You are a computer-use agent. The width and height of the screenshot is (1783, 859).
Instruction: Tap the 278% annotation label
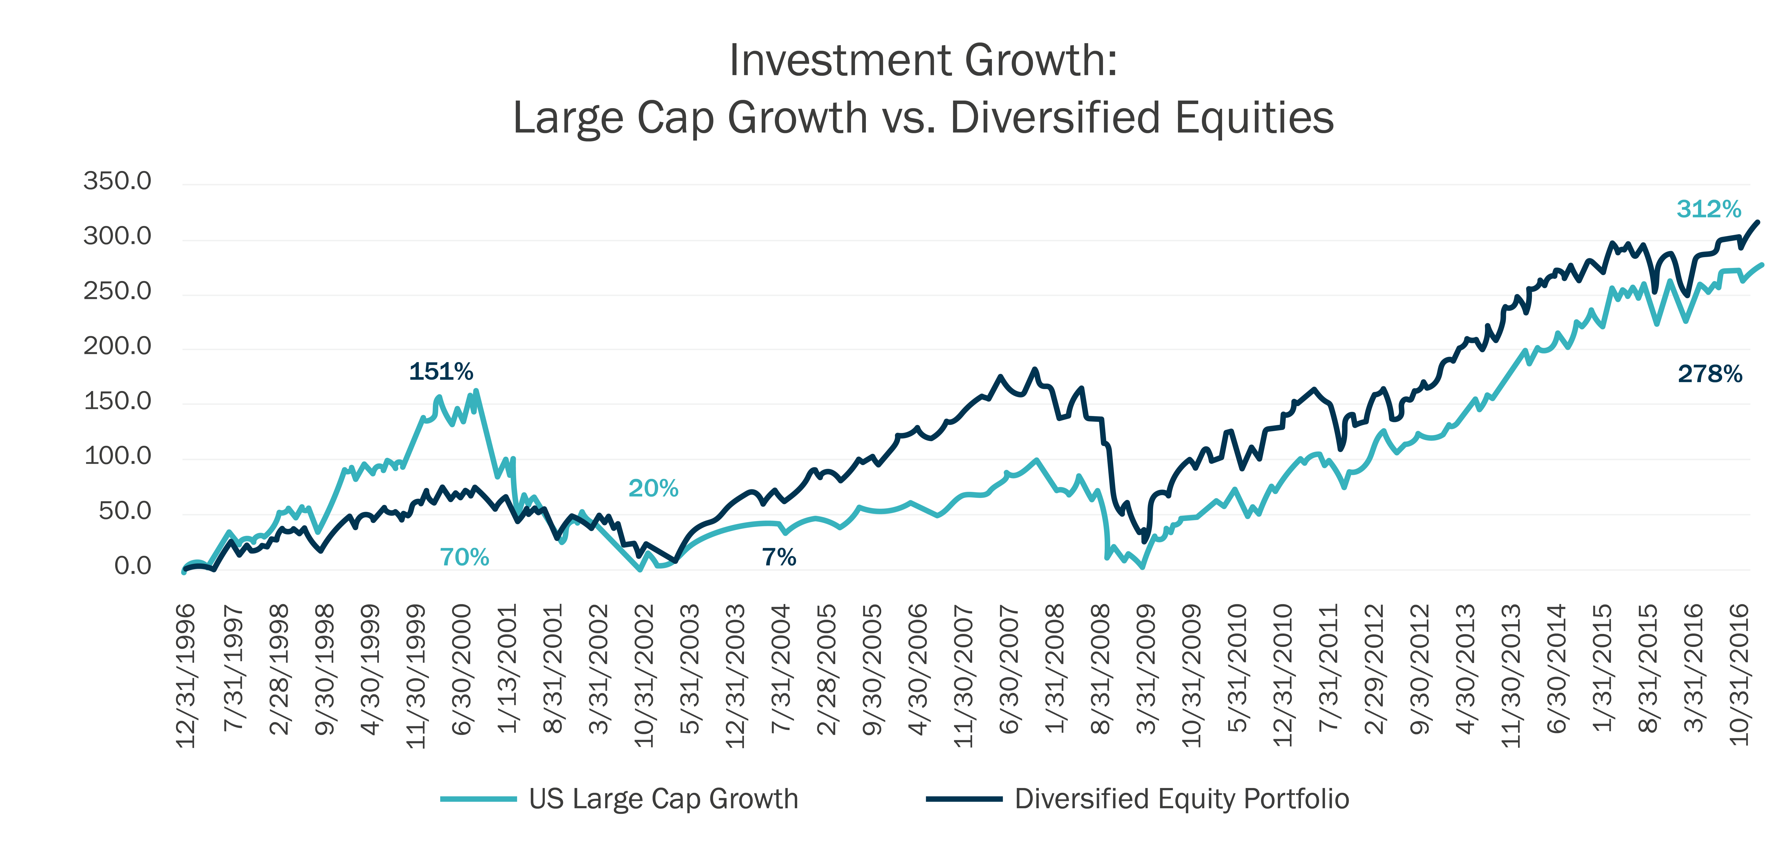click(x=1710, y=374)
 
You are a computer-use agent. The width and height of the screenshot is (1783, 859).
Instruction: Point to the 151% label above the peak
click(x=441, y=372)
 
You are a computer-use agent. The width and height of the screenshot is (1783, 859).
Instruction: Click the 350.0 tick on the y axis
click(x=117, y=181)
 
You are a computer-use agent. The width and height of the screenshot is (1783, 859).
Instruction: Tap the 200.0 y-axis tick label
click(x=117, y=346)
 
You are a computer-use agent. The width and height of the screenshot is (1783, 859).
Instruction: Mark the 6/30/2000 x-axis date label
click(x=460, y=669)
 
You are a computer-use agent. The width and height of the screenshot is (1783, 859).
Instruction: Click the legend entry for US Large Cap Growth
click(x=619, y=799)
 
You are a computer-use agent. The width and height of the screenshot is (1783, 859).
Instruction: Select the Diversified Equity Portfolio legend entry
click(x=1138, y=799)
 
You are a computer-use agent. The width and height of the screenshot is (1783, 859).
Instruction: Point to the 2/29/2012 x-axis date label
click(x=1374, y=669)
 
